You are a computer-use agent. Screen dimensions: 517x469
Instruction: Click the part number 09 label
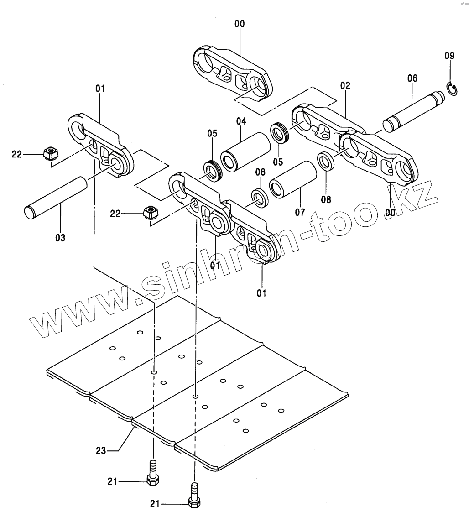click(449, 56)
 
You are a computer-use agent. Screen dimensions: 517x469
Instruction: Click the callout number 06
click(412, 78)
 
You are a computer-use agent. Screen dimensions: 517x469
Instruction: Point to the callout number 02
click(345, 85)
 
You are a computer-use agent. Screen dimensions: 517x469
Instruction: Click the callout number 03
click(60, 237)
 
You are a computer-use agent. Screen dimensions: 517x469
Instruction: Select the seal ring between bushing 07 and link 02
click(325, 161)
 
